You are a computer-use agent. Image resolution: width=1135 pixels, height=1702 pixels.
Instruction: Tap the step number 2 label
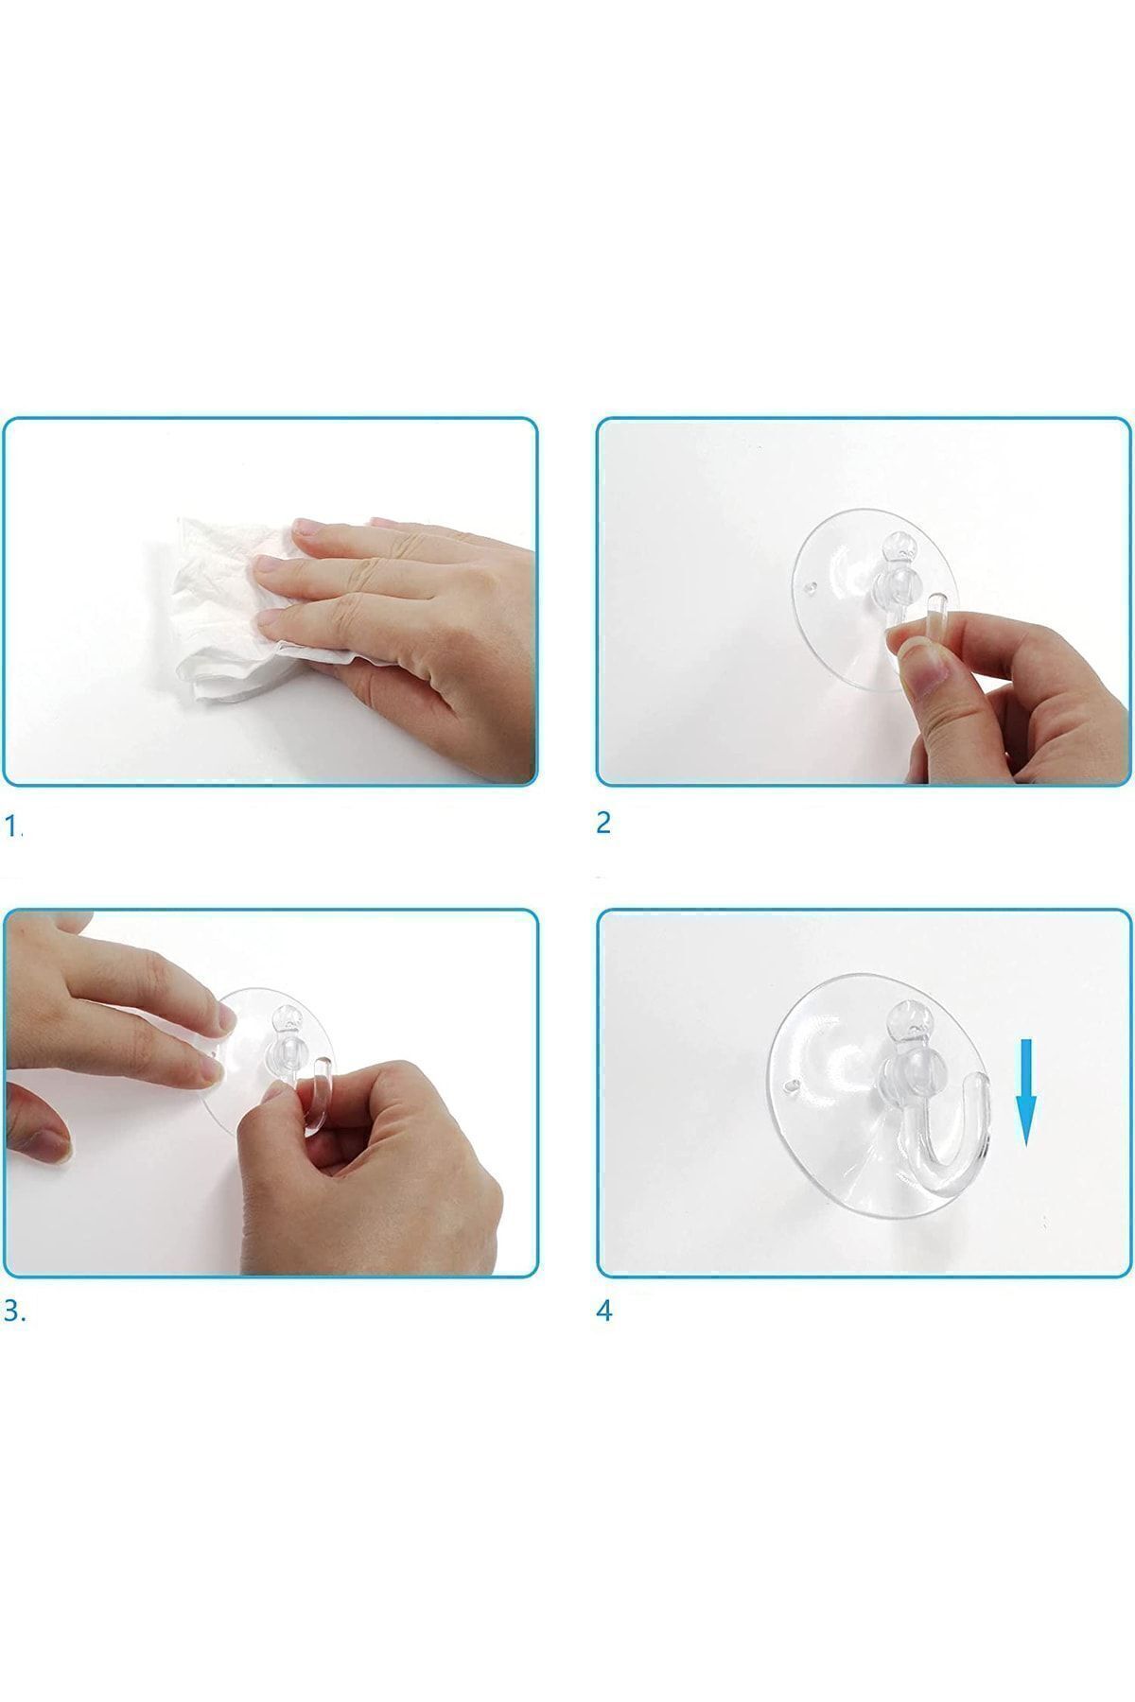[x=603, y=823]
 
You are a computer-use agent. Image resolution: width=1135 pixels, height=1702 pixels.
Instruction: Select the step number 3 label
[x=14, y=1311]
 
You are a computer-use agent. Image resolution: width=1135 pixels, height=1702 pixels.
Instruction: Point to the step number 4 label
[x=604, y=1311]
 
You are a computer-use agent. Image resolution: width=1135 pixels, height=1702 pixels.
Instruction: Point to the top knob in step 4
[x=905, y=1019]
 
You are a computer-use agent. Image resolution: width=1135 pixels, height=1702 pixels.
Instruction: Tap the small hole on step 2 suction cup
[x=809, y=587]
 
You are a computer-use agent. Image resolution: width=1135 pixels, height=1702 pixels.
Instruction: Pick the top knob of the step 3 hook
[x=284, y=1020]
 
